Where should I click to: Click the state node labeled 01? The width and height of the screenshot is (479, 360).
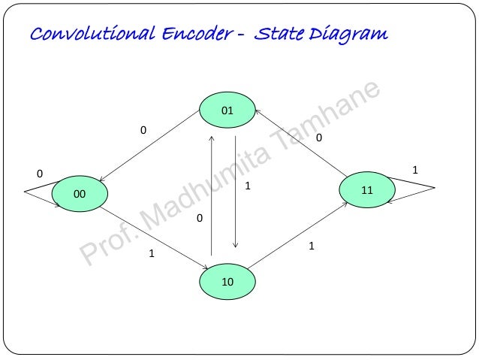227,111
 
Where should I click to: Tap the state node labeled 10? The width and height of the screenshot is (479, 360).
227,282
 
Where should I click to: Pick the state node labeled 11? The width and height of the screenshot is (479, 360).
366,190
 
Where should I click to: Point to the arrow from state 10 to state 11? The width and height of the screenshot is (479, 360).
297,233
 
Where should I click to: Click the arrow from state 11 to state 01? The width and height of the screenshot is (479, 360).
300,145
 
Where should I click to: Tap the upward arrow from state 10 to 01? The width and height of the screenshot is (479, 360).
212,195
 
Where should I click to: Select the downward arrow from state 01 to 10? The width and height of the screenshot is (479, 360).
236,192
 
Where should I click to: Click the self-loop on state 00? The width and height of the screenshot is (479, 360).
38,192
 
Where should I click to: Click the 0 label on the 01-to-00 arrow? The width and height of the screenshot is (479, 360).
143,131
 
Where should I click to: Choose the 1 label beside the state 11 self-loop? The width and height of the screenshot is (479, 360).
415,171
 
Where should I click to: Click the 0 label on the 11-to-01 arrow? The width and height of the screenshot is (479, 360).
318,138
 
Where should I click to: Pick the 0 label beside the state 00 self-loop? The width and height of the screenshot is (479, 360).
40,174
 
